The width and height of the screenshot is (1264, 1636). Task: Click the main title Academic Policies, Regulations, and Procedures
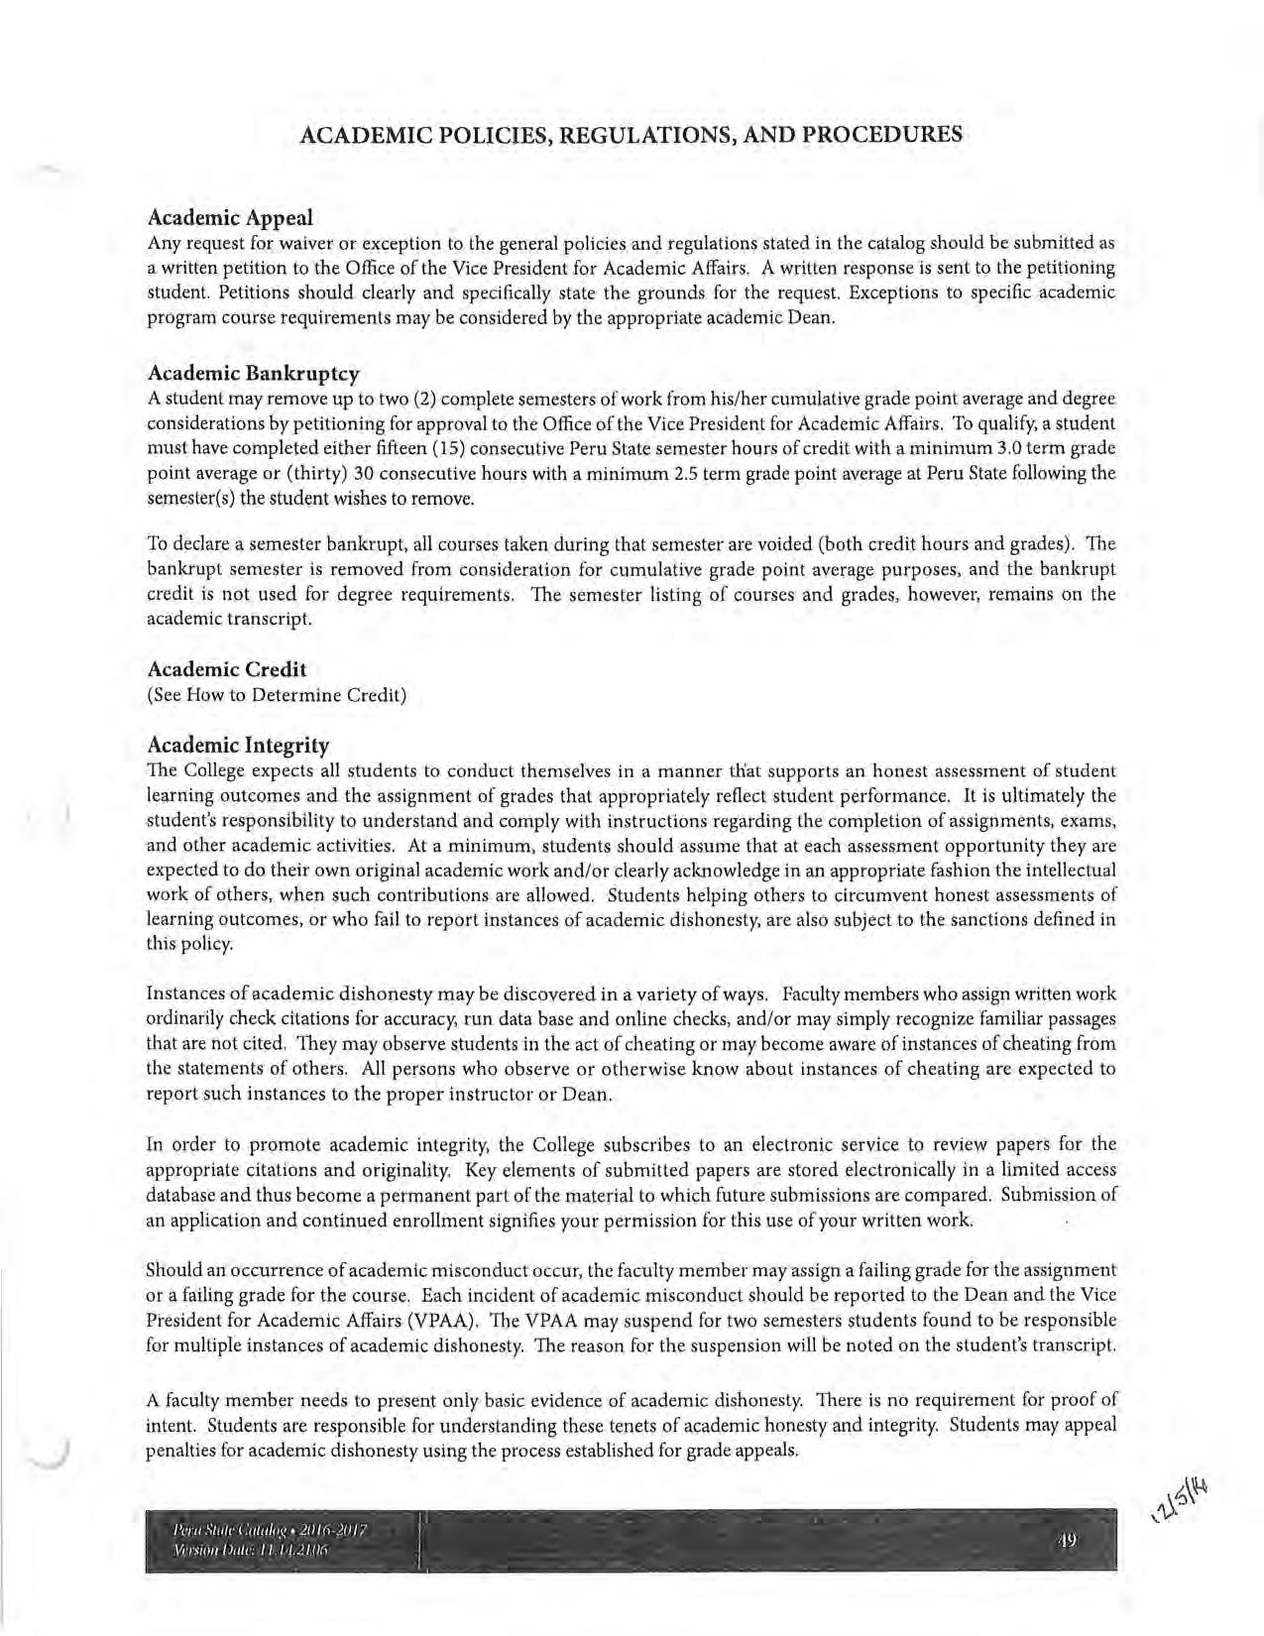631,135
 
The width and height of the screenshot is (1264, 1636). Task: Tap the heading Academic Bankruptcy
253,373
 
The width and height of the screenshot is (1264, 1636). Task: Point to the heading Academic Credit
227,669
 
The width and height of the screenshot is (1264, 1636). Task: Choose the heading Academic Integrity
238,745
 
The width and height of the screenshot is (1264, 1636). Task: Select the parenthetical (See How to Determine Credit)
277,695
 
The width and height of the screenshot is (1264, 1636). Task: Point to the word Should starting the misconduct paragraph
172,1270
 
